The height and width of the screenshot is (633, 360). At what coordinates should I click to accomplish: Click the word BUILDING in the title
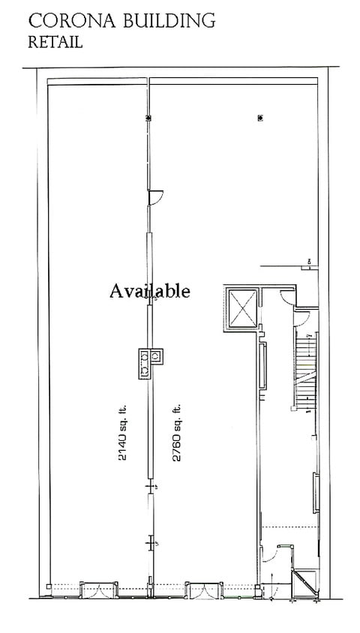(x=172, y=21)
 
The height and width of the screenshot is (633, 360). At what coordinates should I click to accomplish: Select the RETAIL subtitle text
(x=55, y=43)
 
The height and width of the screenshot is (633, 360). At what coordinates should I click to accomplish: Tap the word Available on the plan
(x=150, y=289)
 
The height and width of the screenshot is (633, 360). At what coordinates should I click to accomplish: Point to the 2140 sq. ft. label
(x=123, y=442)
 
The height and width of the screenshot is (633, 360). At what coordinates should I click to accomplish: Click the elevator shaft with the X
(x=241, y=307)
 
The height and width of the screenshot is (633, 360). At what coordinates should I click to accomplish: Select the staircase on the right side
(x=304, y=373)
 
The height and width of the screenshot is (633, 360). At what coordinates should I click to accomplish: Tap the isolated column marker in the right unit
(x=259, y=118)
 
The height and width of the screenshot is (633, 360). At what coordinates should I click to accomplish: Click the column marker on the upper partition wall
(x=148, y=118)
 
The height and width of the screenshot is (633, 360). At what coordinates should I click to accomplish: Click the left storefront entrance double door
(x=97, y=590)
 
